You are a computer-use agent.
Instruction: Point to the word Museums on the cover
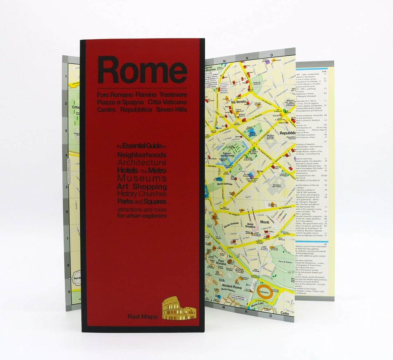click(x=142, y=178)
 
